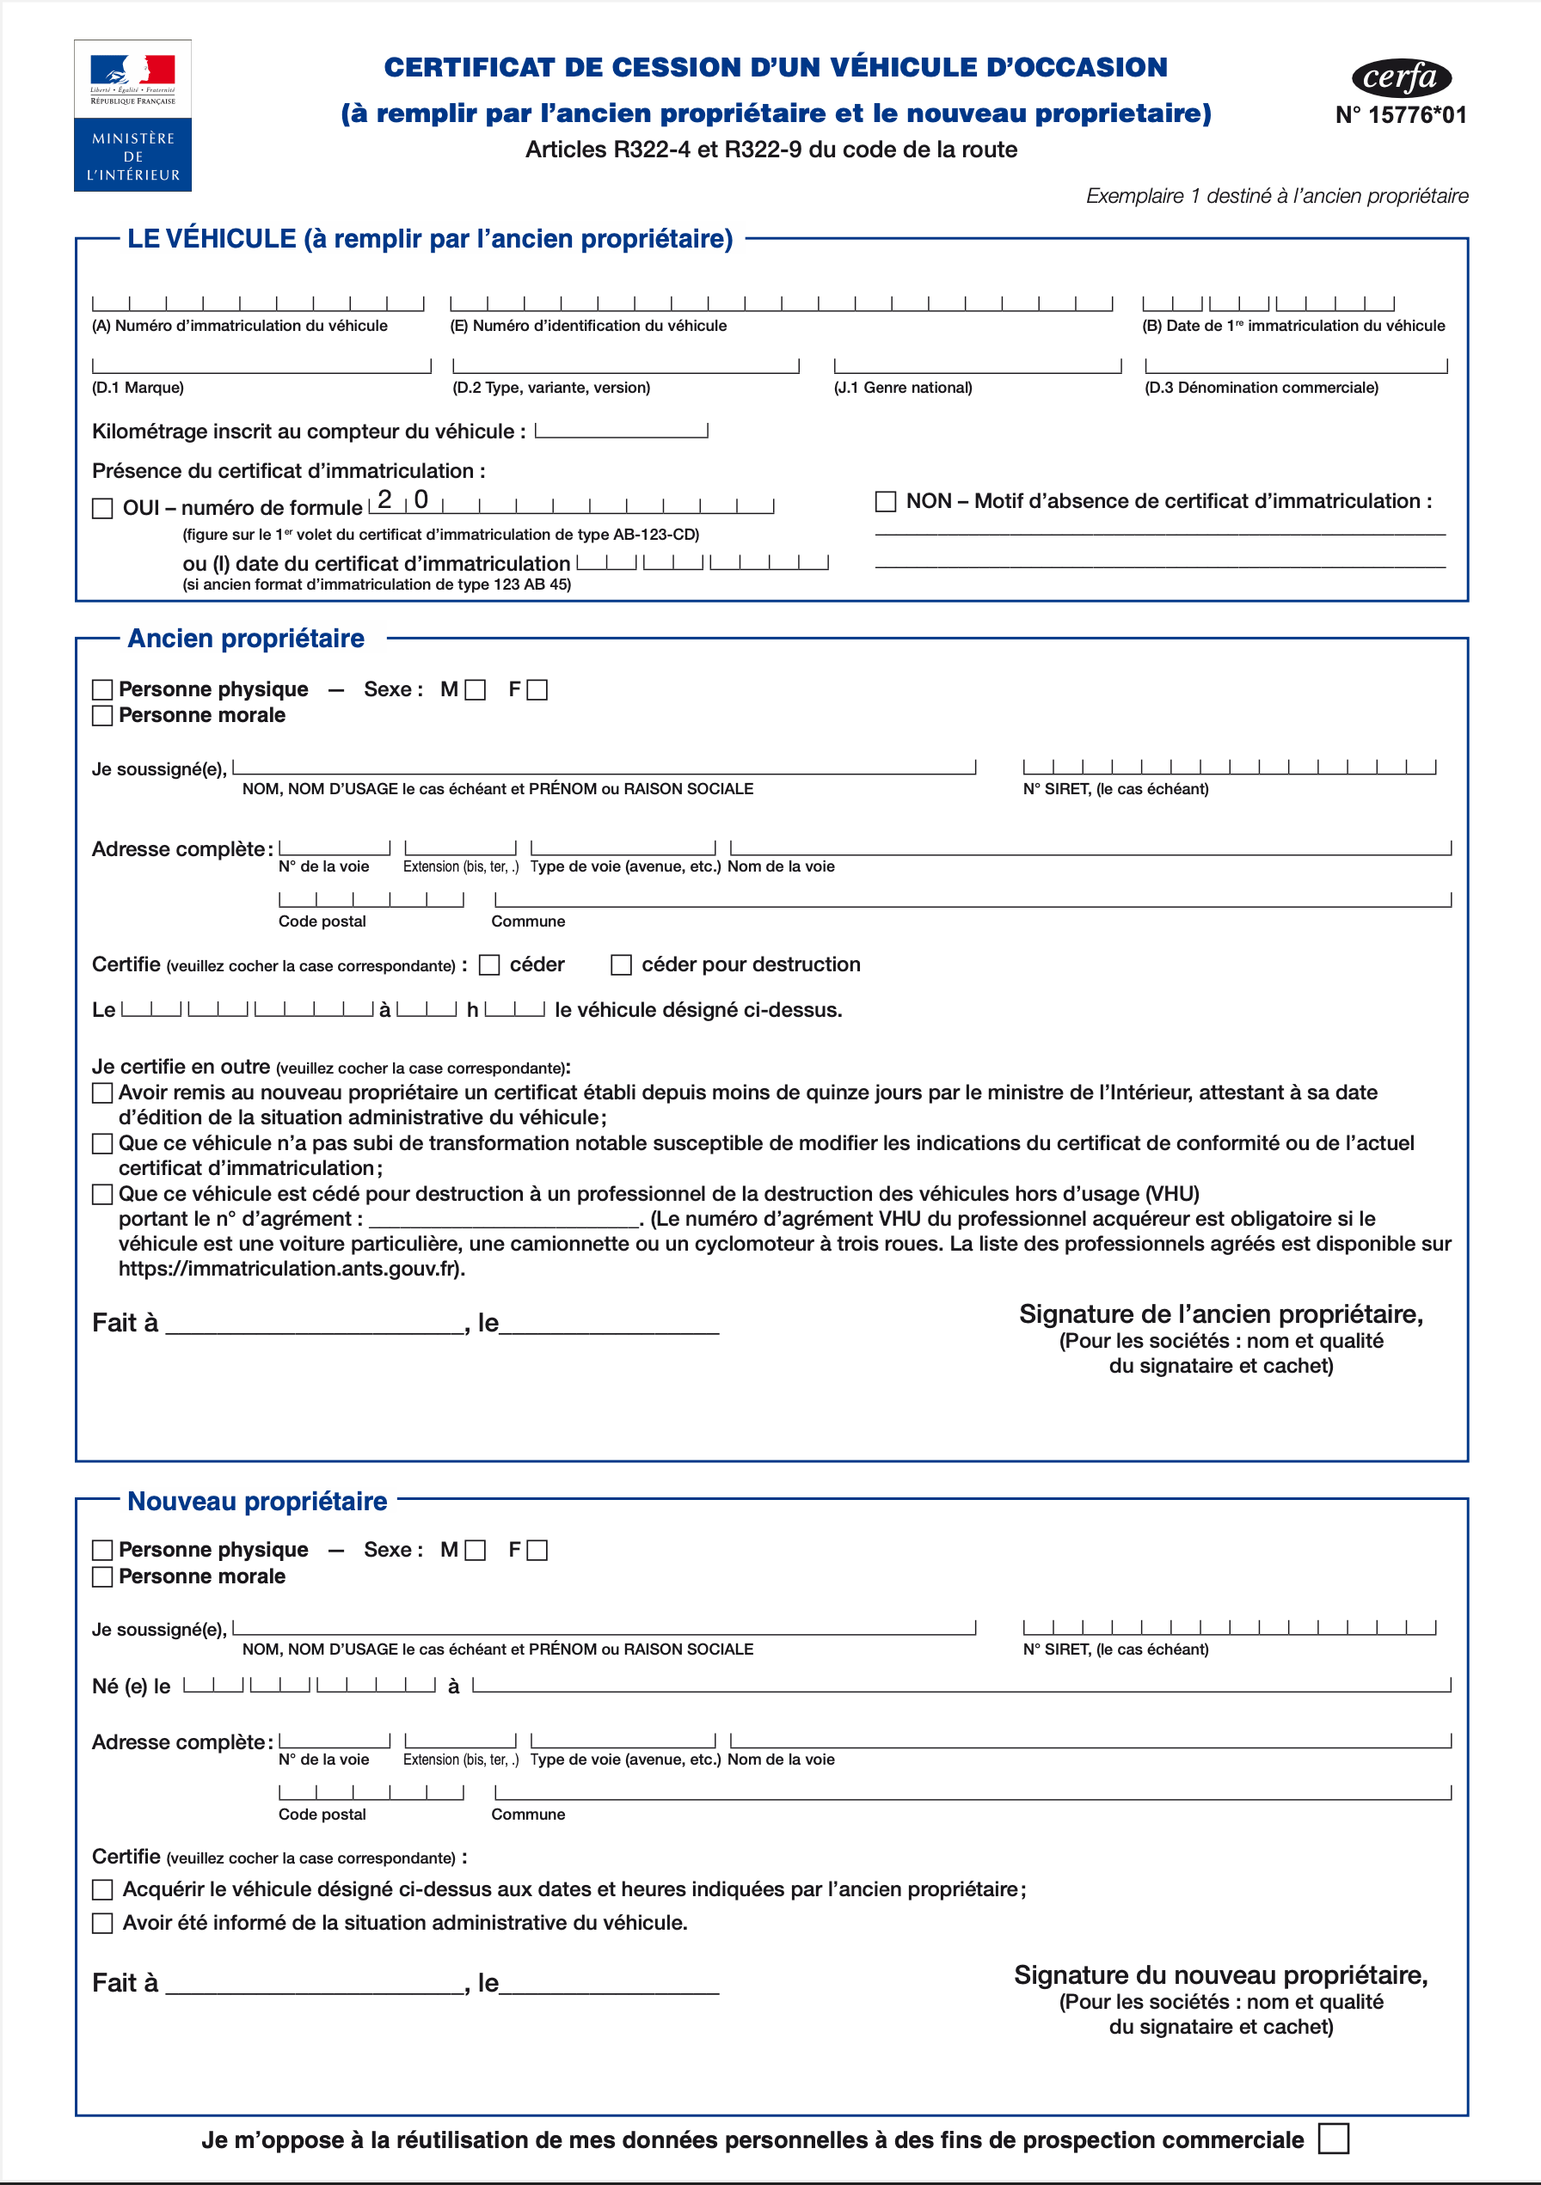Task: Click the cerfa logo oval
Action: (1401, 78)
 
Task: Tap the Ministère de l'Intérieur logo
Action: (133, 115)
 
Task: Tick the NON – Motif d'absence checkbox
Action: (885, 501)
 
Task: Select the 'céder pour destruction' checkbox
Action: (622, 965)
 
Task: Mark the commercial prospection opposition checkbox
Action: (1333, 2139)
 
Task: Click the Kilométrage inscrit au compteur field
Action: (622, 429)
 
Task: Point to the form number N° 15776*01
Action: (1400, 115)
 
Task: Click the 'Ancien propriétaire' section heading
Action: (246, 639)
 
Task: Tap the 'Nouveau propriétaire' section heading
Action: (257, 1502)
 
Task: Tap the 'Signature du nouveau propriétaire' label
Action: (1220, 1975)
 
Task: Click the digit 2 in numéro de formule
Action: (384, 499)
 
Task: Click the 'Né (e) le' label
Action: (132, 1686)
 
